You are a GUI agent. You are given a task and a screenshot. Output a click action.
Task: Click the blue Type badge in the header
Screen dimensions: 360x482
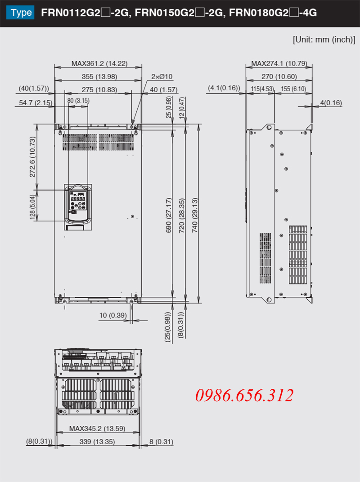[20, 13]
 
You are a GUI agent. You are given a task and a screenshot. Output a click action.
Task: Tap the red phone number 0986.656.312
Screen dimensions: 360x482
[244, 395]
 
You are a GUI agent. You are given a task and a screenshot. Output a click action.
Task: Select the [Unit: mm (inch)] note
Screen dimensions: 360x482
[324, 40]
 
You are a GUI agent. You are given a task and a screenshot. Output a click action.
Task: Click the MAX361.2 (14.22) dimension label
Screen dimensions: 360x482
[99, 63]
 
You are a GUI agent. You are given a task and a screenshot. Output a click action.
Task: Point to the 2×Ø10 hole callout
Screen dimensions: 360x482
[162, 76]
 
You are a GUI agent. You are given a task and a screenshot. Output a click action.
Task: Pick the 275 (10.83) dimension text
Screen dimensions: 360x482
[99, 89]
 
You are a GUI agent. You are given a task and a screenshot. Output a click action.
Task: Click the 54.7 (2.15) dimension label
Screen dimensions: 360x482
[36, 103]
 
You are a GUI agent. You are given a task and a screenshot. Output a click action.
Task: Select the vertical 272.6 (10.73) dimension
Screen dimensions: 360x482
[32, 157]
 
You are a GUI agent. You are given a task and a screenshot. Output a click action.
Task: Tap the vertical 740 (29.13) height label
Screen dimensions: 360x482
[195, 215]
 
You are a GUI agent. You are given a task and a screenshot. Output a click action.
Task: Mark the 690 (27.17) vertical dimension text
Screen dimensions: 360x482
[169, 215]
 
